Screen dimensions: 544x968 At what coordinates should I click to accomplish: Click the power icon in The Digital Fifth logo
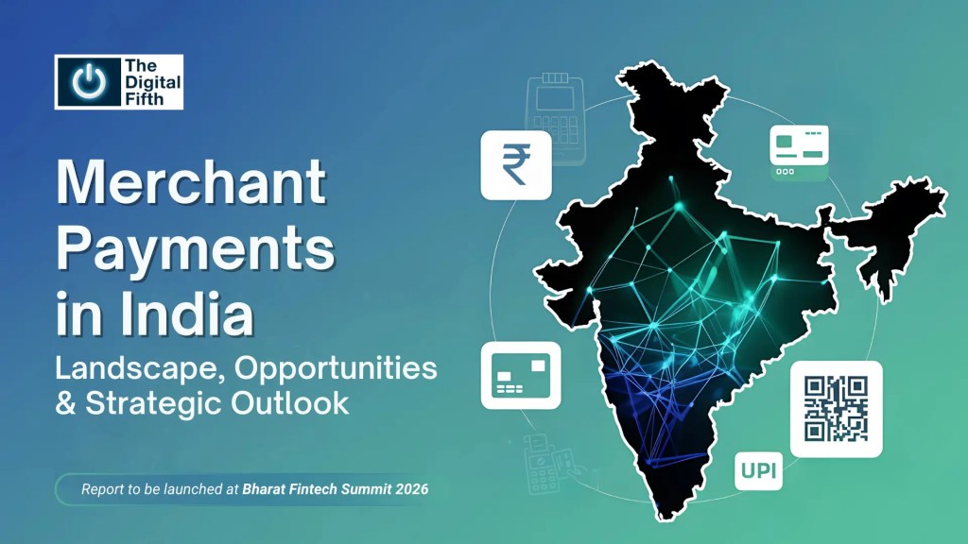(88, 82)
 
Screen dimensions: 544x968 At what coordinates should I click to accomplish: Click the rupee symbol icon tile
(516, 164)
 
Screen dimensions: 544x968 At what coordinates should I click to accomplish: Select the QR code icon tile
(836, 408)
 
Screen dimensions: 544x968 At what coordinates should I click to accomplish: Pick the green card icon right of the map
(799, 152)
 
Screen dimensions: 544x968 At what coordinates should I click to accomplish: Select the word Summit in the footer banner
(364, 490)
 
